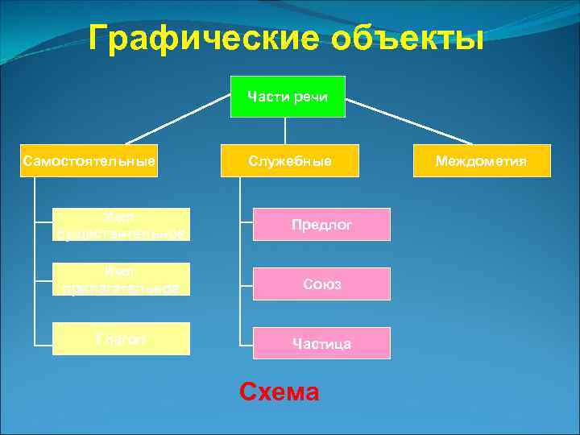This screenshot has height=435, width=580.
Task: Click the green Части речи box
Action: [x=288, y=97]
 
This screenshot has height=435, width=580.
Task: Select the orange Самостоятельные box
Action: [x=89, y=160]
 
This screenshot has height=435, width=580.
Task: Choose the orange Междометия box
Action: [x=481, y=160]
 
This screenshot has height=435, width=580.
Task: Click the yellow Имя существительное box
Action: [x=121, y=225]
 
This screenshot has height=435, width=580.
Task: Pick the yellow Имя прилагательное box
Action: [x=121, y=280]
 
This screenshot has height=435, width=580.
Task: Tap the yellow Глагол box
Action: [x=121, y=339]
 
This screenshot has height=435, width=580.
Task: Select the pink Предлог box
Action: [x=321, y=225]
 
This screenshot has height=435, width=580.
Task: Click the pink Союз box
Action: [x=321, y=284]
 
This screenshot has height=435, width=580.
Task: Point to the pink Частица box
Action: [x=321, y=343]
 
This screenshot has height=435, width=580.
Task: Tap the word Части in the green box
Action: [x=268, y=97]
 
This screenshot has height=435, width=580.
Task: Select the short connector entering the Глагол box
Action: [x=43, y=339]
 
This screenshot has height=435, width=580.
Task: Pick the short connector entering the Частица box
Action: [x=246, y=343]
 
